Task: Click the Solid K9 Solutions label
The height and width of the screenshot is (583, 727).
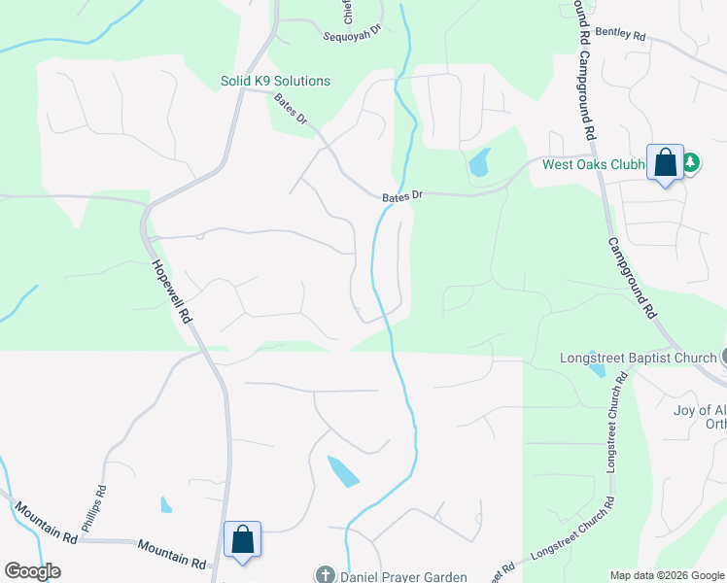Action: [274, 81]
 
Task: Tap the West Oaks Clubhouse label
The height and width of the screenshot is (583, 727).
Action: [594, 164]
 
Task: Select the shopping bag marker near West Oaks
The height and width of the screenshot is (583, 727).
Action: [666, 163]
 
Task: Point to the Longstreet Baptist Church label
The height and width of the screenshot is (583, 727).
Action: [638, 358]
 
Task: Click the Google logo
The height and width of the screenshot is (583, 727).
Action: [33, 571]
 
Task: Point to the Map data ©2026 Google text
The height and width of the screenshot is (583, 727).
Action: [667, 575]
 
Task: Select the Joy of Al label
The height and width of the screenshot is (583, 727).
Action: [699, 409]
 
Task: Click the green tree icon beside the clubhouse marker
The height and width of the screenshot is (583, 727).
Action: [690, 162]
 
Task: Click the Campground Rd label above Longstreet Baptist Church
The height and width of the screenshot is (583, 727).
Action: [631, 278]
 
